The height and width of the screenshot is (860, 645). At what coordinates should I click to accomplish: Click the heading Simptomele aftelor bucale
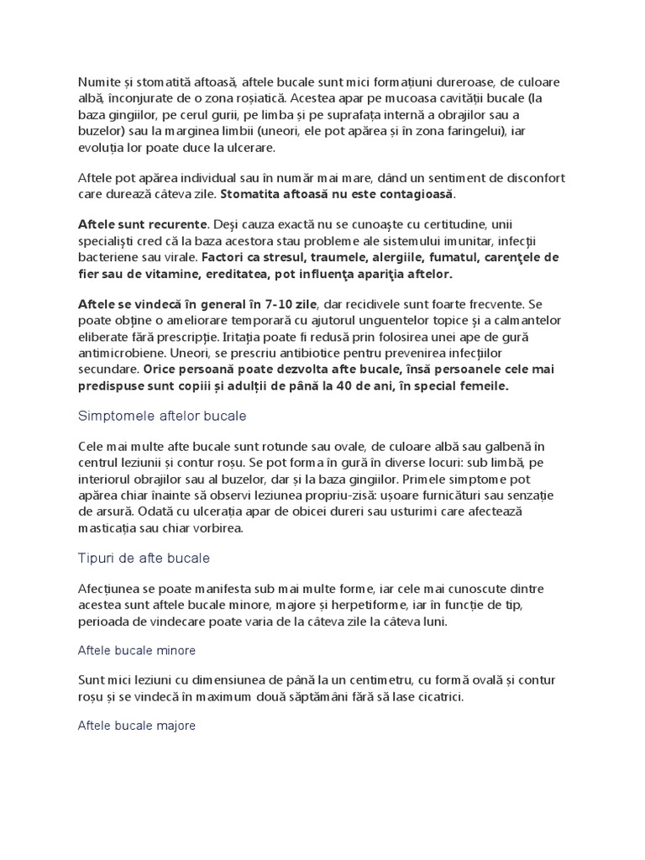pos(161,416)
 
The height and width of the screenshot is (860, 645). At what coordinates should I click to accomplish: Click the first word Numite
pos(97,82)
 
